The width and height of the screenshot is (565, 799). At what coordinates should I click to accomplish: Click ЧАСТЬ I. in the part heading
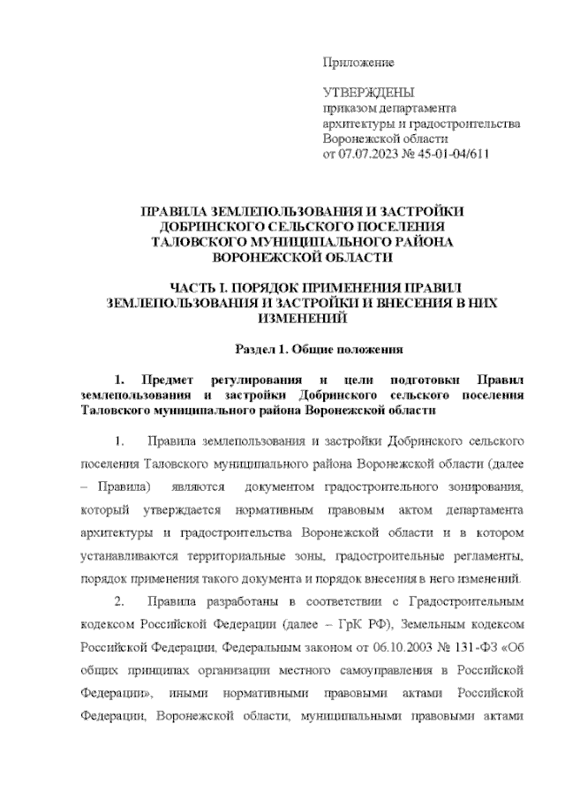204,288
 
